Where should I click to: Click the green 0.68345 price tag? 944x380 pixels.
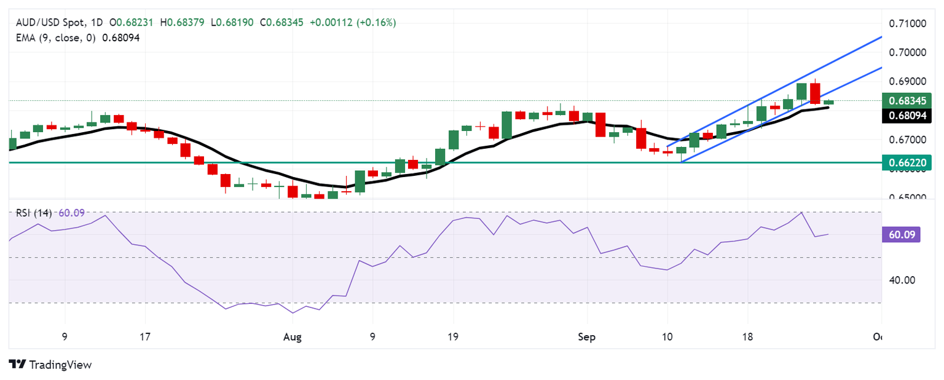(x=907, y=100)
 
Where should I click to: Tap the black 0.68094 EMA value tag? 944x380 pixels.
(x=907, y=115)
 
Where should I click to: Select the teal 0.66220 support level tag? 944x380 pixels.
(x=907, y=162)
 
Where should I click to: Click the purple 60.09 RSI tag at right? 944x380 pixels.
(x=900, y=234)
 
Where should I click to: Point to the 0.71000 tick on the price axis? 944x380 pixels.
(x=907, y=24)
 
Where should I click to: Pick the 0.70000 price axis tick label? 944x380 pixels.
(x=907, y=52)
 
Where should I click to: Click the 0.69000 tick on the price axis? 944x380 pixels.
(x=907, y=81)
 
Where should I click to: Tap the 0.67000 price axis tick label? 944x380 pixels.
(x=907, y=140)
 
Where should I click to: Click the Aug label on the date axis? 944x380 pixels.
(x=293, y=336)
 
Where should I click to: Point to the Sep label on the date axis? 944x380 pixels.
(x=587, y=336)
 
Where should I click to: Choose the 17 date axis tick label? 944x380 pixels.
(x=145, y=336)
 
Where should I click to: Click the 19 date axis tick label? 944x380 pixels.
(x=453, y=336)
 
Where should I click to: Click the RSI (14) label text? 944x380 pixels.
(x=33, y=213)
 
